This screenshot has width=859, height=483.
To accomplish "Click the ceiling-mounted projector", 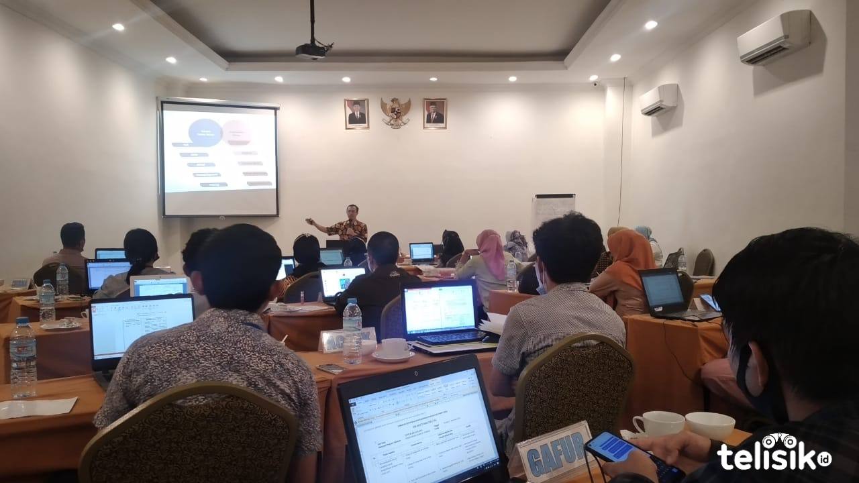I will (x=313, y=50).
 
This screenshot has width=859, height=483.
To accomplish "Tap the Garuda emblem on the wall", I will (x=395, y=112).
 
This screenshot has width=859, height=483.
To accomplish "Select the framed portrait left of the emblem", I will (x=356, y=113).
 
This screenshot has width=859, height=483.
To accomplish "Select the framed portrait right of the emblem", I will (x=435, y=113).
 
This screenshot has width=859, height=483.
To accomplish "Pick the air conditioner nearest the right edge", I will (x=774, y=38).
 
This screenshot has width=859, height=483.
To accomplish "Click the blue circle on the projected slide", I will (x=205, y=132).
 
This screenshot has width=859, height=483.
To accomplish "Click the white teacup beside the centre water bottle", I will (x=394, y=348).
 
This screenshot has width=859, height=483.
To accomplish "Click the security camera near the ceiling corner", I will (x=595, y=85).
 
